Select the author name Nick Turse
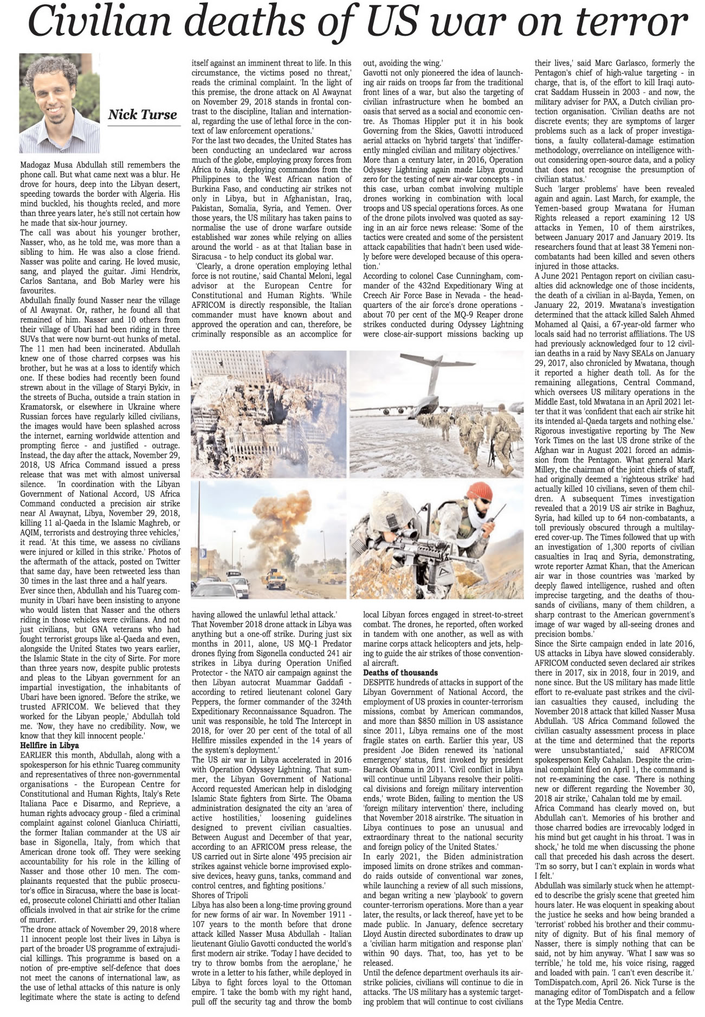point(142,114)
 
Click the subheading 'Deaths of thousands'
point(400,672)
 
